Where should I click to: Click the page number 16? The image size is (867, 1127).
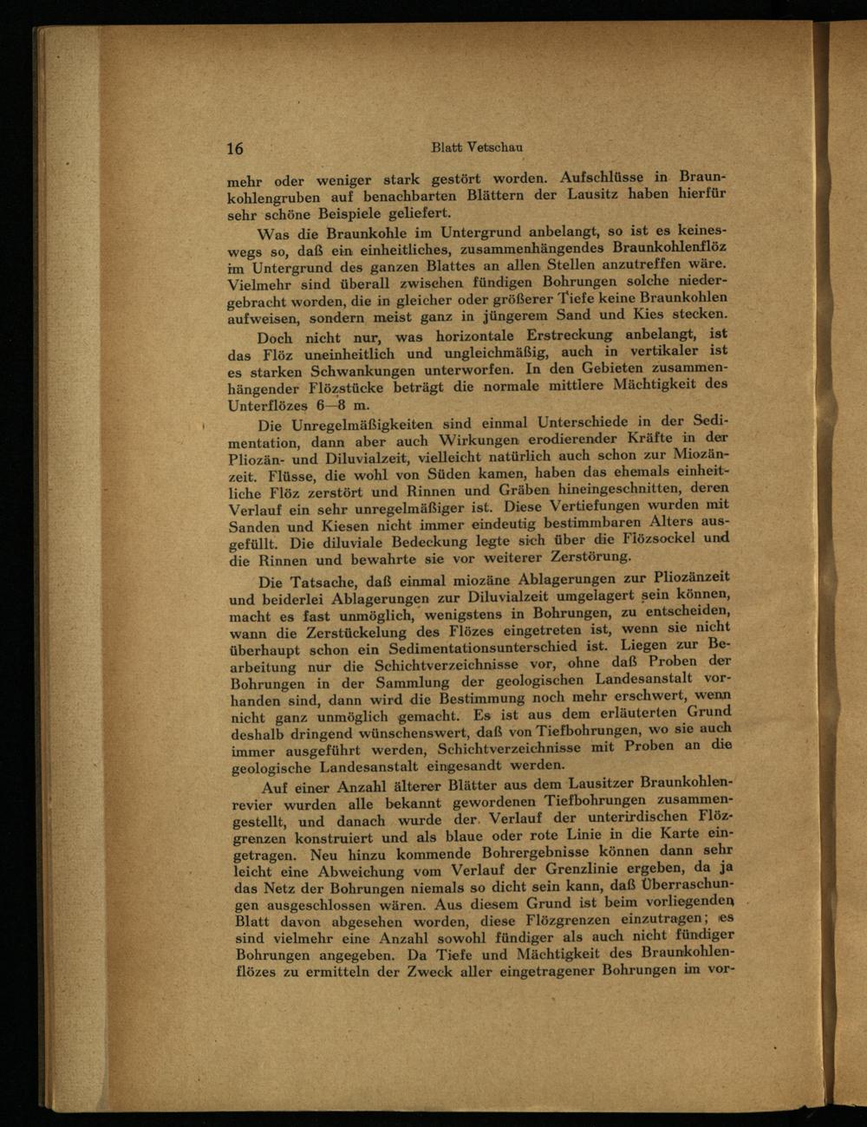tap(235, 148)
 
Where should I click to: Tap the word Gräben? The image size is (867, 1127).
tap(525, 490)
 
